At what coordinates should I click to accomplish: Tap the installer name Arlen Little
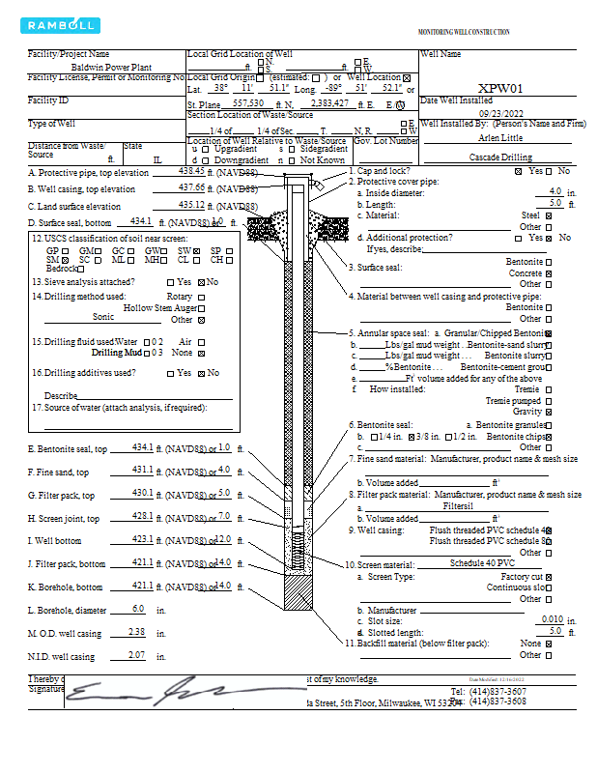500,138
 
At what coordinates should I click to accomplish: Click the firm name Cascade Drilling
500,157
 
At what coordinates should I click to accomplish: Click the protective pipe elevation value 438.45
191,170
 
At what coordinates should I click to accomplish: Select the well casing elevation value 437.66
191,187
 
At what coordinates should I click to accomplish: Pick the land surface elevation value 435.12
191,205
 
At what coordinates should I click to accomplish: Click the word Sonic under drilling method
103,316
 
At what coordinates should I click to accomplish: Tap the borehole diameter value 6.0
137,609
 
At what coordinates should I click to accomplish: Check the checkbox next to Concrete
549,273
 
